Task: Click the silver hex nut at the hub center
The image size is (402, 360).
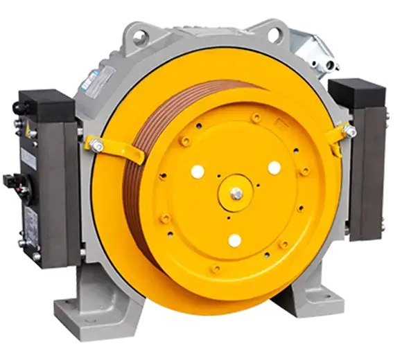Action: pyautogui.click(x=236, y=195)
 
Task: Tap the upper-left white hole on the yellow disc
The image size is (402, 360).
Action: pyautogui.click(x=197, y=171)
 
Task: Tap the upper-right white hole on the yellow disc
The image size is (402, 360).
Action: pyautogui.click(x=274, y=168)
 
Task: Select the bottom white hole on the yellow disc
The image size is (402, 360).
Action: pyautogui.click(x=235, y=240)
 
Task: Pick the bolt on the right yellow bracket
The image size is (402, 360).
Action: pyautogui.click(x=351, y=132)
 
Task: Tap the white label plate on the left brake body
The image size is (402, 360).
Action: pyautogui.click(x=30, y=160)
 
